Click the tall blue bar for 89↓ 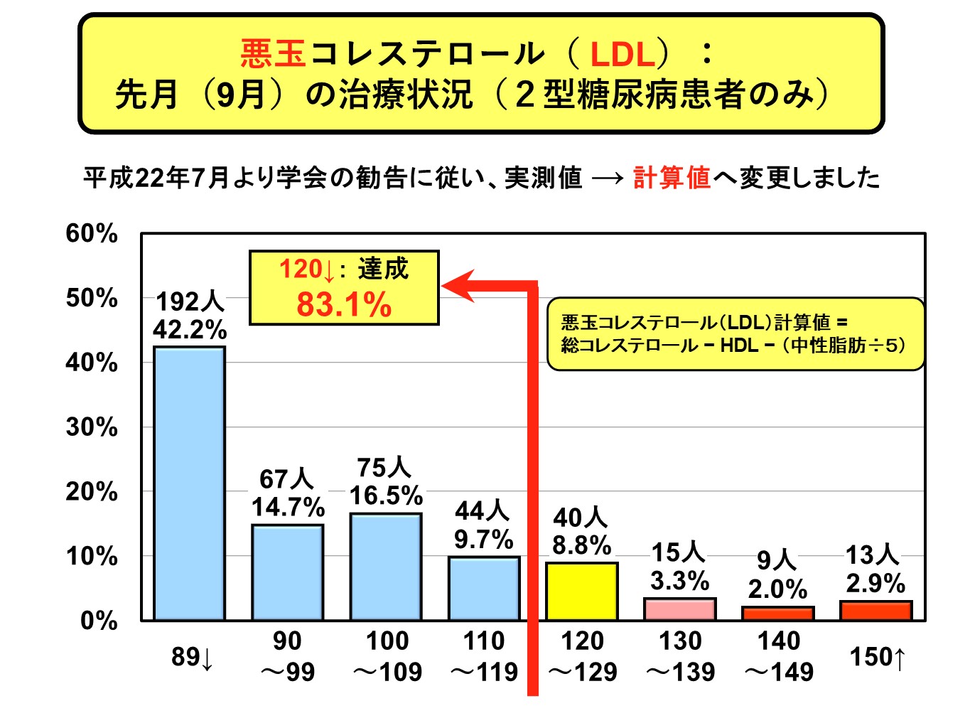pos(190,483)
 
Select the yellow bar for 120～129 pos(581,591)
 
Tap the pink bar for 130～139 pos(679,609)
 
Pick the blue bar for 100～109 pos(386,567)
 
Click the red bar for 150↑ pos(875,611)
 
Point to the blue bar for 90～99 pos(288,572)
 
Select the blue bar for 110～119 pos(484,588)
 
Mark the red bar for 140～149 pos(777,614)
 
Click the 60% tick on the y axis pos(92,233)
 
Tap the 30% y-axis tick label pos(92,427)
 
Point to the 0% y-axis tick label pos(99,621)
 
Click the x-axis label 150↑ pos(878,657)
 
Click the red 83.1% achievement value pos(344,305)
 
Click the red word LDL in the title pos(623,54)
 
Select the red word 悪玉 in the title pos(273,53)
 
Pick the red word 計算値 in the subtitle pos(672,177)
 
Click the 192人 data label pos(190,301)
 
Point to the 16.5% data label pos(386,495)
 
